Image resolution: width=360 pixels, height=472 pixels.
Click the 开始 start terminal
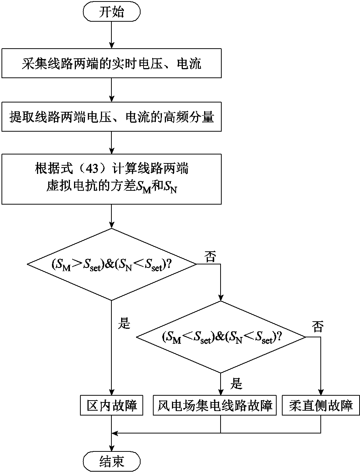tap(111, 12)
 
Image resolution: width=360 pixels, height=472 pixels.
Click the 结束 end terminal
tap(111, 462)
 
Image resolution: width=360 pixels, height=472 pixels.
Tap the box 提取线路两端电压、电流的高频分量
tap(111, 117)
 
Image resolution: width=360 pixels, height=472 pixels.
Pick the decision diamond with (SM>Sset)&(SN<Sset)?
tap(111, 264)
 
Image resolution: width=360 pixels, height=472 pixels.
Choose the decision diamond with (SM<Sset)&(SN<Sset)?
tap(221, 337)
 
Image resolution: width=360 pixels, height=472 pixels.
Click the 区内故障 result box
tap(111, 405)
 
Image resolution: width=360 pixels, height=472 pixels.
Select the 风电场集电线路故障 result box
tap(215, 405)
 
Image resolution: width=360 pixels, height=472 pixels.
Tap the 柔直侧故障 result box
tap(321, 405)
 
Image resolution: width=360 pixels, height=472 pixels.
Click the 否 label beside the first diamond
tap(210, 257)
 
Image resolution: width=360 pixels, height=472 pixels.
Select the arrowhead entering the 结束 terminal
tap(111, 449)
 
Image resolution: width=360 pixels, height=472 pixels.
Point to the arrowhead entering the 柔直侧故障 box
tap(321, 392)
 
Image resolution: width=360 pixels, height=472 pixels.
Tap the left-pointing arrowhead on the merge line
tap(115, 433)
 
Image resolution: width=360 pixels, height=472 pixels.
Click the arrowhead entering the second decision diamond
tap(221, 297)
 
